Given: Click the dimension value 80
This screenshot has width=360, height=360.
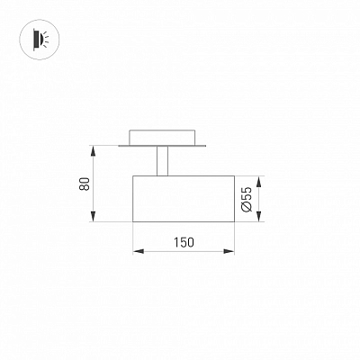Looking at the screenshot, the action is point(85,184).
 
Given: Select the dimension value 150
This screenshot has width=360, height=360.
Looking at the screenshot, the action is point(184,242).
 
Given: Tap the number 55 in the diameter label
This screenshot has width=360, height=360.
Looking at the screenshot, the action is point(247,193).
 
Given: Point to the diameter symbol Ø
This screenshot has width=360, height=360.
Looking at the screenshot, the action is point(247,207).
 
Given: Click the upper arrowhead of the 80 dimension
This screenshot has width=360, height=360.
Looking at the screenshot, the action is point(94,150).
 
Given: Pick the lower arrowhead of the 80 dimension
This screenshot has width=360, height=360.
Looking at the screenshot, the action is point(94,217).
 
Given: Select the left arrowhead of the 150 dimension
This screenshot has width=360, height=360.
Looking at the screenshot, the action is point(138,251).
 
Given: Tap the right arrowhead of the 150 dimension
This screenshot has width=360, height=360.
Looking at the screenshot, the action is point(229,251).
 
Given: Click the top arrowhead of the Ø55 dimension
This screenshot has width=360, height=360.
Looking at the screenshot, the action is point(259,181).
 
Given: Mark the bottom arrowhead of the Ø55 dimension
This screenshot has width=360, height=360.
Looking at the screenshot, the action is point(259,217).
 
